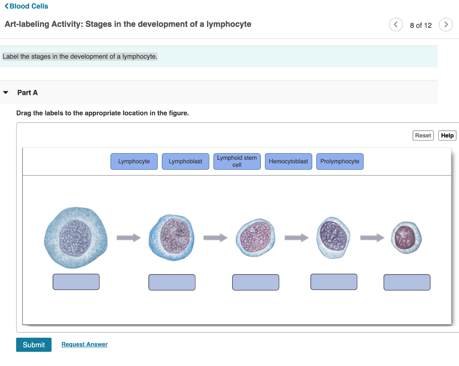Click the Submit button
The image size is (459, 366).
[34, 344]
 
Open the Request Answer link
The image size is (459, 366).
[84, 344]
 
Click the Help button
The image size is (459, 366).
[447, 135]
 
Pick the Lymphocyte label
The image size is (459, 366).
[134, 162]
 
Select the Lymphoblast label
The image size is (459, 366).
[186, 162]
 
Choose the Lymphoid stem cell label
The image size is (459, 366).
[237, 162]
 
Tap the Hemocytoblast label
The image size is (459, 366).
[288, 162]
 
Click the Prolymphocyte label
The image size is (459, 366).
[340, 162]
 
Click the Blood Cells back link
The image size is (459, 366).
[26, 6]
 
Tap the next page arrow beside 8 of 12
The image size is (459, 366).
[445, 25]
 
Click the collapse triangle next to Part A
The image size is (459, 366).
[6, 93]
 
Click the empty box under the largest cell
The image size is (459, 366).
[76, 282]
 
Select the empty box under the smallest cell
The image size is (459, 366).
[407, 282]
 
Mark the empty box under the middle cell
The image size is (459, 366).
[255, 282]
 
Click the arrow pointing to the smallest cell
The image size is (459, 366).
[372, 237]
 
